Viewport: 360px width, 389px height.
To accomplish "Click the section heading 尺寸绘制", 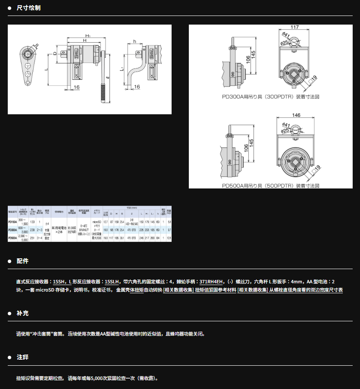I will pos(28,8).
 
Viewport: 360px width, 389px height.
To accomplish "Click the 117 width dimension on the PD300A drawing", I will pos(294,27).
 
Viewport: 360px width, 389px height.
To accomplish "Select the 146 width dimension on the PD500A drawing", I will pos(296,115).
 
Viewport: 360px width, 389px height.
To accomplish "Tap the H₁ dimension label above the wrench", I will pos(88,35).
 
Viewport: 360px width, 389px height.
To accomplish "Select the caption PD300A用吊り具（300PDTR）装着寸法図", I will pos(270,97).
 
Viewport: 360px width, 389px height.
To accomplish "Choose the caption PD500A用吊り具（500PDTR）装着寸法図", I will pos(270,185).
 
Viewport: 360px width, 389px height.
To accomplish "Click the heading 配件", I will pos(22,261).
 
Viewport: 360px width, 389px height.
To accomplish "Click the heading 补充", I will pos(22,313).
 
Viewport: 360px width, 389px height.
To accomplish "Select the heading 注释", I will pos(22,358).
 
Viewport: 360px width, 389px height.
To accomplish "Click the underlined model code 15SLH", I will pos(112,281).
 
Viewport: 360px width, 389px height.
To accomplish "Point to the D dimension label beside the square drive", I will pos(55,53).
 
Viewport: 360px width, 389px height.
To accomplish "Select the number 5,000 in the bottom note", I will pos(102,378).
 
